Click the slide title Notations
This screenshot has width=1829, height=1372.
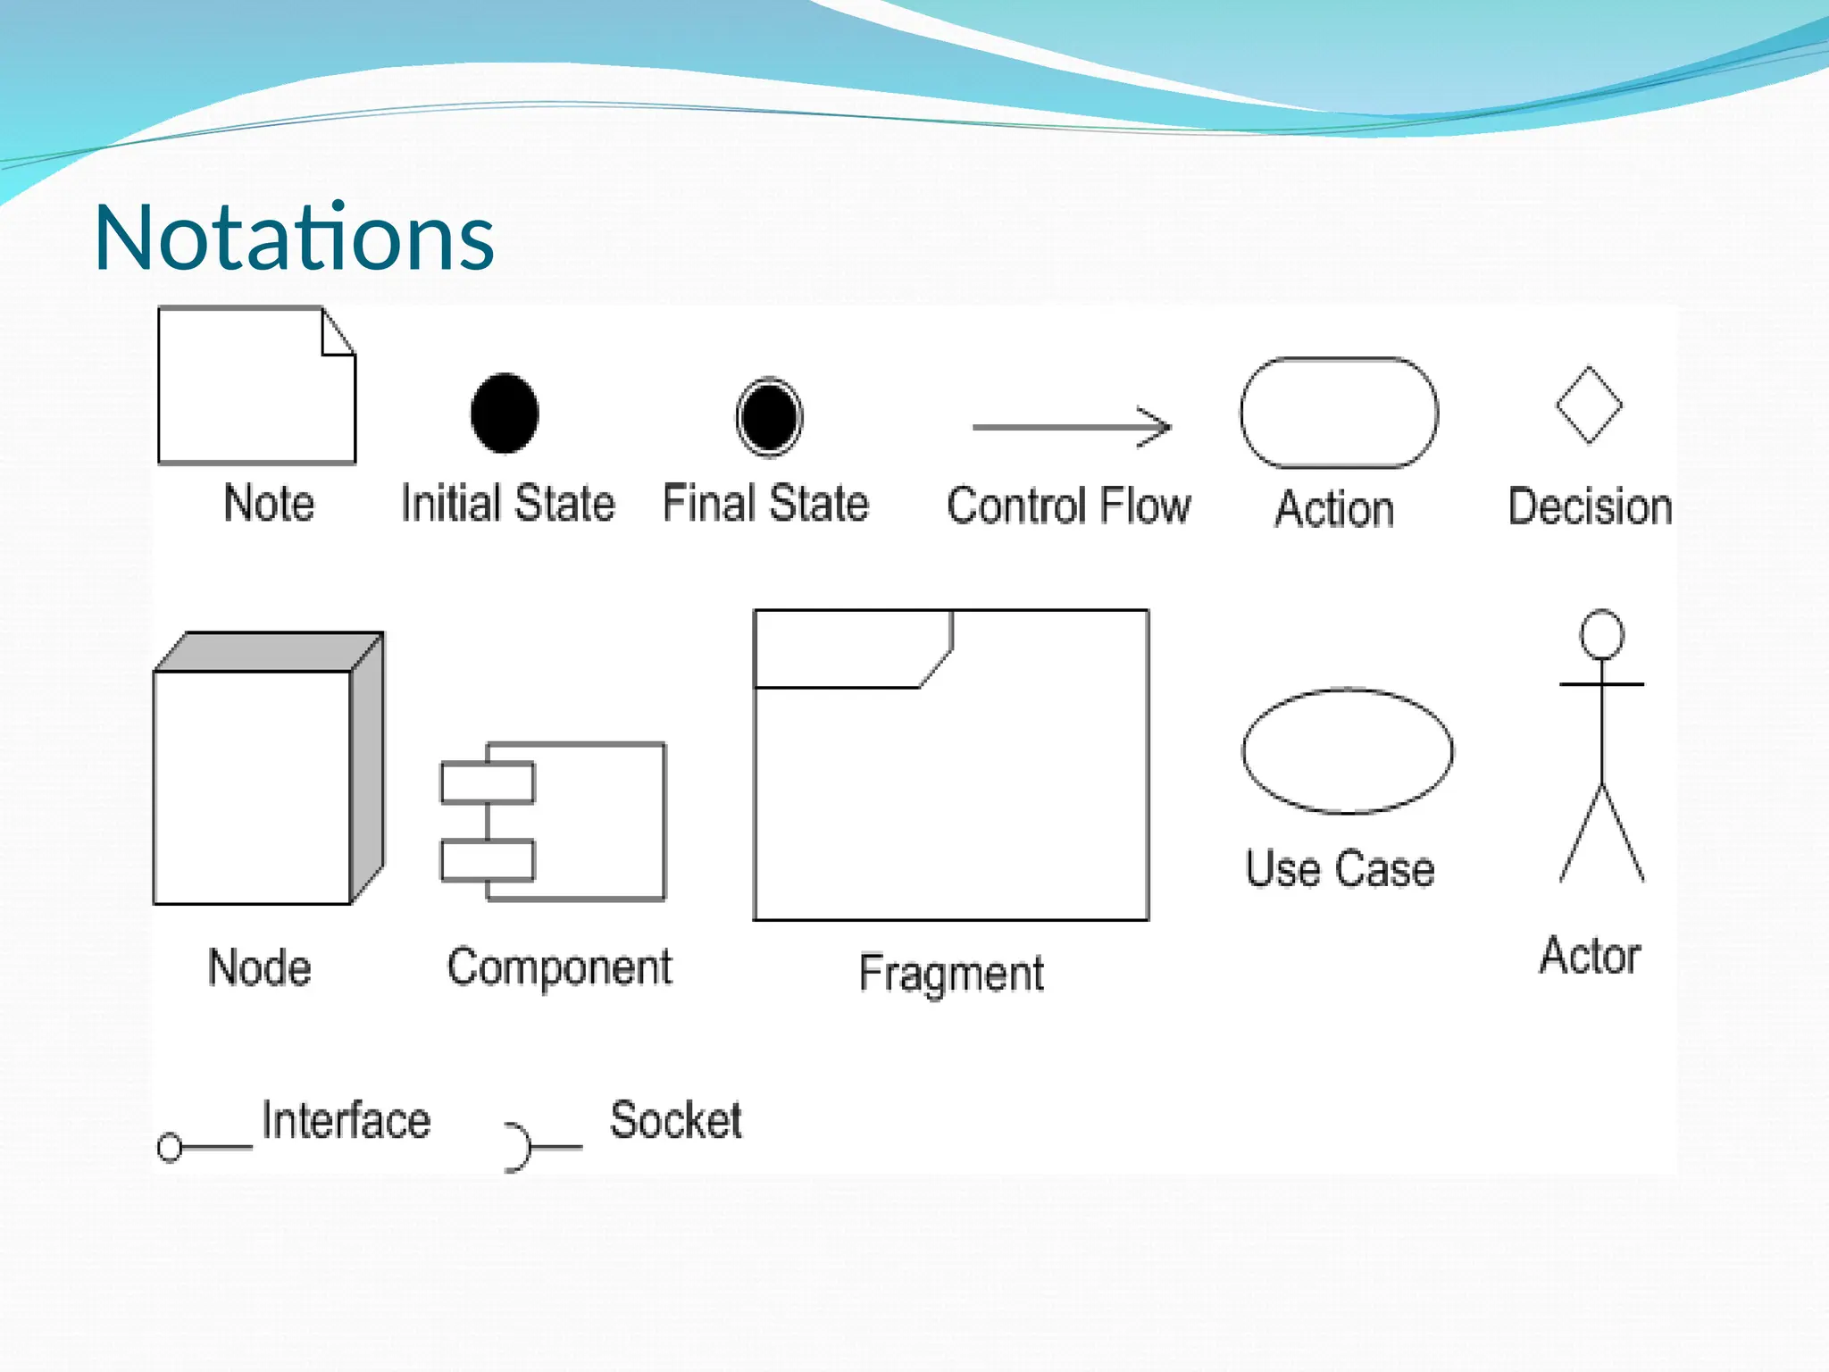(294, 238)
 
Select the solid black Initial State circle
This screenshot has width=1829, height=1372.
(505, 414)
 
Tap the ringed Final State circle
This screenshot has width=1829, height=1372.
(769, 417)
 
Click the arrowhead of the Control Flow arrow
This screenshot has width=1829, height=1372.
(1157, 427)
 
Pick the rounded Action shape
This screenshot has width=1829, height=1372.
(1339, 413)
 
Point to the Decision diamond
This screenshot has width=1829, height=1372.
(1589, 405)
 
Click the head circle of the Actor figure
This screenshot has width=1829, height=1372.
(1601, 634)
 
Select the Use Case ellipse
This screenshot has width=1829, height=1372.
(1347, 750)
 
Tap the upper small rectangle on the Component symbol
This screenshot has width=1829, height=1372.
(488, 782)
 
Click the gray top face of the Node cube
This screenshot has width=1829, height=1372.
(268, 652)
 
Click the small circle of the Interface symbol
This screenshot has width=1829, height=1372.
(170, 1147)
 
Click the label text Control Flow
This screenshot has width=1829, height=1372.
(1068, 506)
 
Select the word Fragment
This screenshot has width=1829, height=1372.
(951, 973)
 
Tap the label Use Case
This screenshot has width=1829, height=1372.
(1340, 868)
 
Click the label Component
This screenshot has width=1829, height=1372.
(559, 967)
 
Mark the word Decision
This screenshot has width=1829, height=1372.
(1590, 506)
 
